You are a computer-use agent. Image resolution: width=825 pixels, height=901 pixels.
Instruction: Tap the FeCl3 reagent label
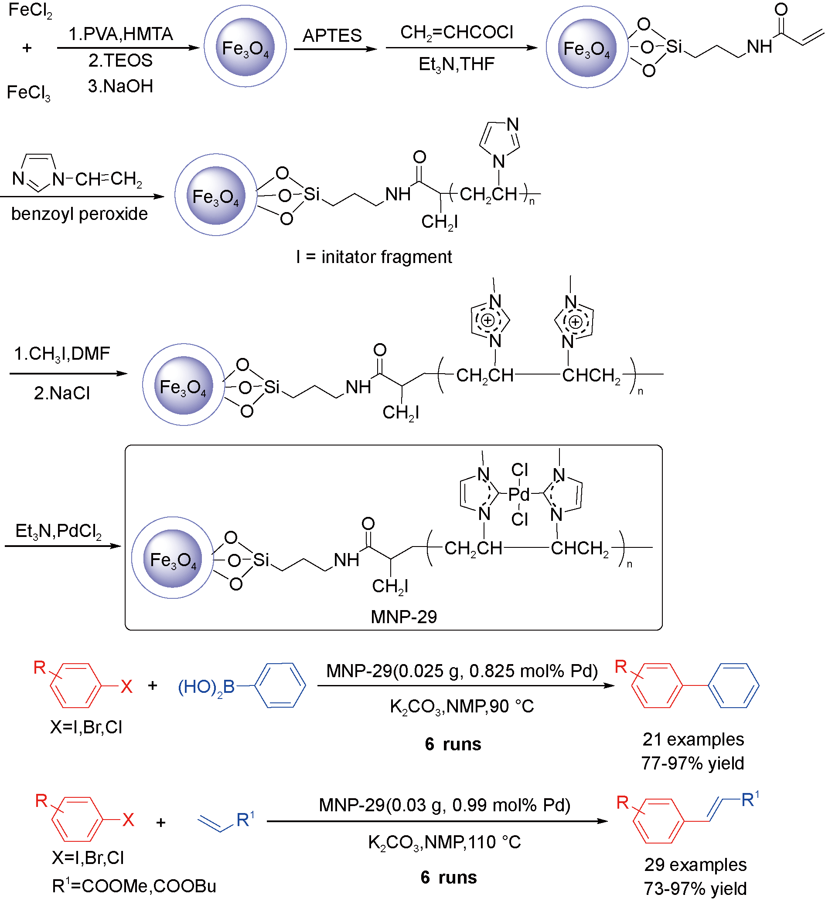point(29,93)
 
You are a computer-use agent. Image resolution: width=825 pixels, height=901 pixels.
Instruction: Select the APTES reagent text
point(332,35)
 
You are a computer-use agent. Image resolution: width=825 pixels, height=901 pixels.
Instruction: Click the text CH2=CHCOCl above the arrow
point(457,33)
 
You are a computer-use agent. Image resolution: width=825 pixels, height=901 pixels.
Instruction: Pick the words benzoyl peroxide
point(79,214)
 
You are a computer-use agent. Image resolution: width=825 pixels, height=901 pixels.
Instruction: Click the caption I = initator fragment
point(374,257)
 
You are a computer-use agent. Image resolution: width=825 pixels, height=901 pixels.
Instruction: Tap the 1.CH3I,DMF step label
point(62,354)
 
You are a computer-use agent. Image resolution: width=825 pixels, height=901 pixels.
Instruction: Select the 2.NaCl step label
point(62,393)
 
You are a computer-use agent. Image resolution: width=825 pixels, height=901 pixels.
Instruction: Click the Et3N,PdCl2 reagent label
point(58,531)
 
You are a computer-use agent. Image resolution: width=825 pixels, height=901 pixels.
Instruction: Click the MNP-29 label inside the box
point(403,617)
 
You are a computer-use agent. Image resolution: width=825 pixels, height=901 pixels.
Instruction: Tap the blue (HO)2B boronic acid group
point(206,687)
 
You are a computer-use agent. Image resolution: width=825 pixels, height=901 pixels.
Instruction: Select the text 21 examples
point(693,739)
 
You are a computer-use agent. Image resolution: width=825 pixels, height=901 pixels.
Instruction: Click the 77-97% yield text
point(692,763)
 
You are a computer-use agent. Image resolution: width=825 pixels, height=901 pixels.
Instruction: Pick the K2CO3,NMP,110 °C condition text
point(444,843)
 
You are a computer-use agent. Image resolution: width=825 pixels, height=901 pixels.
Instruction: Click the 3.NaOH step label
point(120,86)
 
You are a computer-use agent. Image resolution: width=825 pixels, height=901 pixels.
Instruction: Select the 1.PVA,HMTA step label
point(120,34)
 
